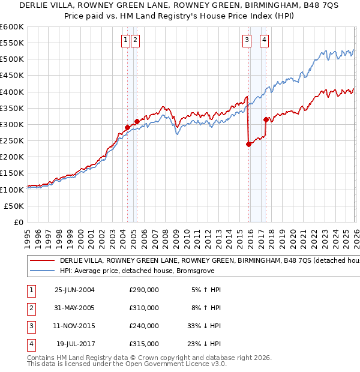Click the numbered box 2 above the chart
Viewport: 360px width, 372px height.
[135, 40]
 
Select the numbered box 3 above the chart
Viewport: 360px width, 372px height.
[247, 40]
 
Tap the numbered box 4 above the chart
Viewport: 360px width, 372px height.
[264, 40]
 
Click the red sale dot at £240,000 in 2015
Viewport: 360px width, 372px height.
[248, 144]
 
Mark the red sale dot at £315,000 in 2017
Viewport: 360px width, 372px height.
[266, 119]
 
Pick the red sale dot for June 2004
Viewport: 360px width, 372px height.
[127, 127]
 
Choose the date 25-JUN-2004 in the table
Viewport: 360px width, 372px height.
[74, 290]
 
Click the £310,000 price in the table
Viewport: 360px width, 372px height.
[144, 308]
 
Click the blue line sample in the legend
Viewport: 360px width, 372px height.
[41, 270]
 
